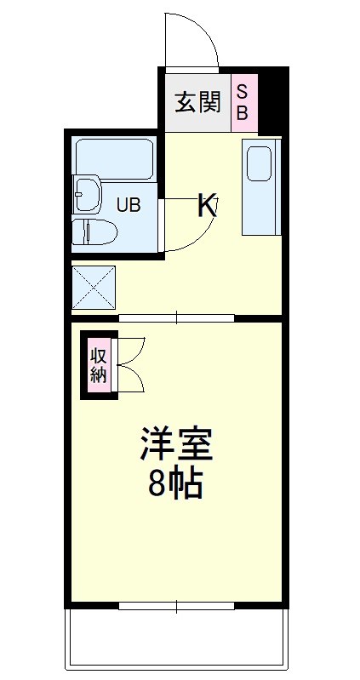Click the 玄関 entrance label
[197, 103]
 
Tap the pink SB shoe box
[243, 101]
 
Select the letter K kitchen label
[207, 205]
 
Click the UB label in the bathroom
[129, 204]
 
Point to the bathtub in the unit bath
[114, 157]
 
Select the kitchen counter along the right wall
[260, 189]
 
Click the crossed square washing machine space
[94, 286]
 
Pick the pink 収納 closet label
[99, 364]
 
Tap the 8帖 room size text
[174, 483]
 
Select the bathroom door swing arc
[191, 230]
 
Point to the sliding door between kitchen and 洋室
[176, 319]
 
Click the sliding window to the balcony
[176, 606]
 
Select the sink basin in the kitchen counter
[259, 164]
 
